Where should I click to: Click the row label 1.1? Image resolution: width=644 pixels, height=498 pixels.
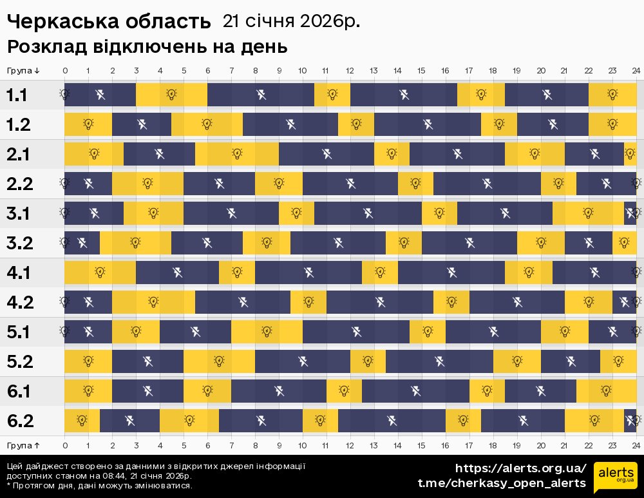[x=17, y=95]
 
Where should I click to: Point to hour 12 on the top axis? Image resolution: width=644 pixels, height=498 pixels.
[x=350, y=70]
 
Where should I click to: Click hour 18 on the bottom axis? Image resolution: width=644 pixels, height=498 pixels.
[x=493, y=445]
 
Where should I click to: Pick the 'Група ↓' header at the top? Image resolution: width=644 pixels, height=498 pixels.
[x=23, y=70]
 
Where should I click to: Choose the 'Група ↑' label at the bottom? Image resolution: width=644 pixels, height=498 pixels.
[x=23, y=445]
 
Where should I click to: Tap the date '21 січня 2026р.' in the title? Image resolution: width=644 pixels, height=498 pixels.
[x=291, y=21]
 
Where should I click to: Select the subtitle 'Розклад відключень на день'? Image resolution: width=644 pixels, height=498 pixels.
[x=147, y=47]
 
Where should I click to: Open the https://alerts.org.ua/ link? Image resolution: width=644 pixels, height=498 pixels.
[x=521, y=468]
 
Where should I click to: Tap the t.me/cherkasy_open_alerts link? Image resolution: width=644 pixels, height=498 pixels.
[x=502, y=483]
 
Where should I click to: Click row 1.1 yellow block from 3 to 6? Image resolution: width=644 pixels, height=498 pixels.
[x=171, y=95]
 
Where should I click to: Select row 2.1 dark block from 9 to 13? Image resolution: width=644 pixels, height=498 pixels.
[x=327, y=155]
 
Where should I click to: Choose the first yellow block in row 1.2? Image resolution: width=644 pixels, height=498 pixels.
[x=88, y=125]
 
